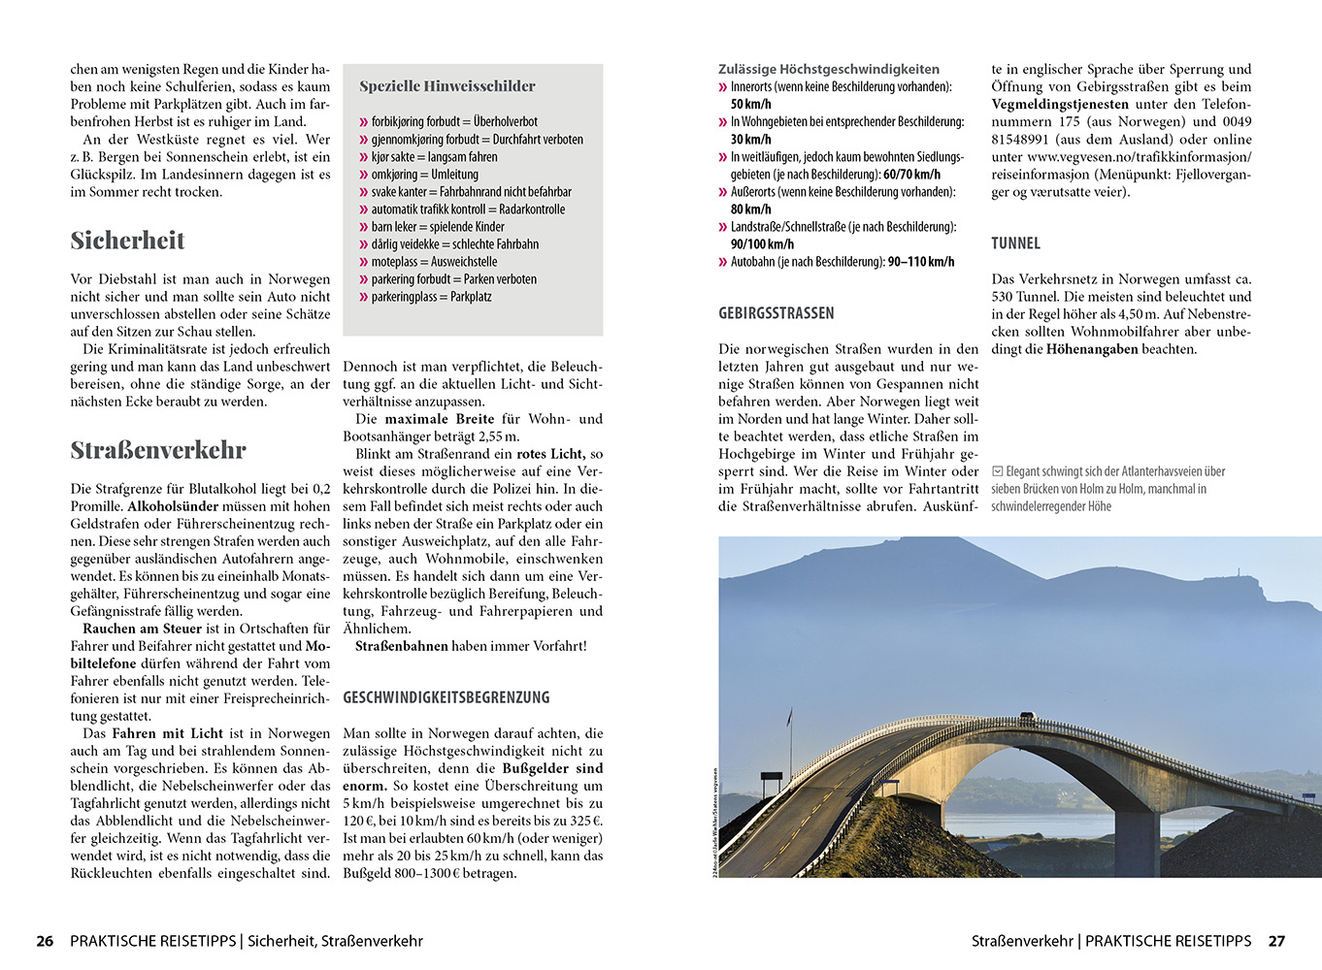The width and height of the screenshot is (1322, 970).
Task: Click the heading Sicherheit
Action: tap(127, 241)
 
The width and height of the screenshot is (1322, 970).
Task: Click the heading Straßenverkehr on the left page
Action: tap(158, 450)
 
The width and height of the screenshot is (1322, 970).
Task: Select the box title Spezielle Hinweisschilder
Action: tap(447, 86)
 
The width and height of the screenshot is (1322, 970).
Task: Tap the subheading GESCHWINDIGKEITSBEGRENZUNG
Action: tap(446, 697)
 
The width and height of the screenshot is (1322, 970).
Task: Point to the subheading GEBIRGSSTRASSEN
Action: tap(777, 313)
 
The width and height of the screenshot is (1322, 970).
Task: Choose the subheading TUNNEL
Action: tap(1015, 243)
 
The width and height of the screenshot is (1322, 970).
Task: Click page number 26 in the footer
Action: tap(45, 941)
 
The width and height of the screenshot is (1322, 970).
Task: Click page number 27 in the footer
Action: tap(1276, 941)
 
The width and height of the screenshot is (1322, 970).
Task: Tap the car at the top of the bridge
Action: tap(1027, 718)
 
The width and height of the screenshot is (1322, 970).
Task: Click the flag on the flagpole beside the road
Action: tap(789, 717)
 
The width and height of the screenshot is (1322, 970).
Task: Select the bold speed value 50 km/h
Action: tap(751, 105)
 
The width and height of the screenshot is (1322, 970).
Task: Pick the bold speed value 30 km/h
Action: tap(751, 140)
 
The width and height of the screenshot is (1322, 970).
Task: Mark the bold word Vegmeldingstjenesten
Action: tap(1060, 105)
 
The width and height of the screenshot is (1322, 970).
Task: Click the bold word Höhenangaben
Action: tap(1092, 349)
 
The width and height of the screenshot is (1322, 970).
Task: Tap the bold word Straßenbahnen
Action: tap(402, 646)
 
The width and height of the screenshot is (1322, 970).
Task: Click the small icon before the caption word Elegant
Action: tap(998, 471)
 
